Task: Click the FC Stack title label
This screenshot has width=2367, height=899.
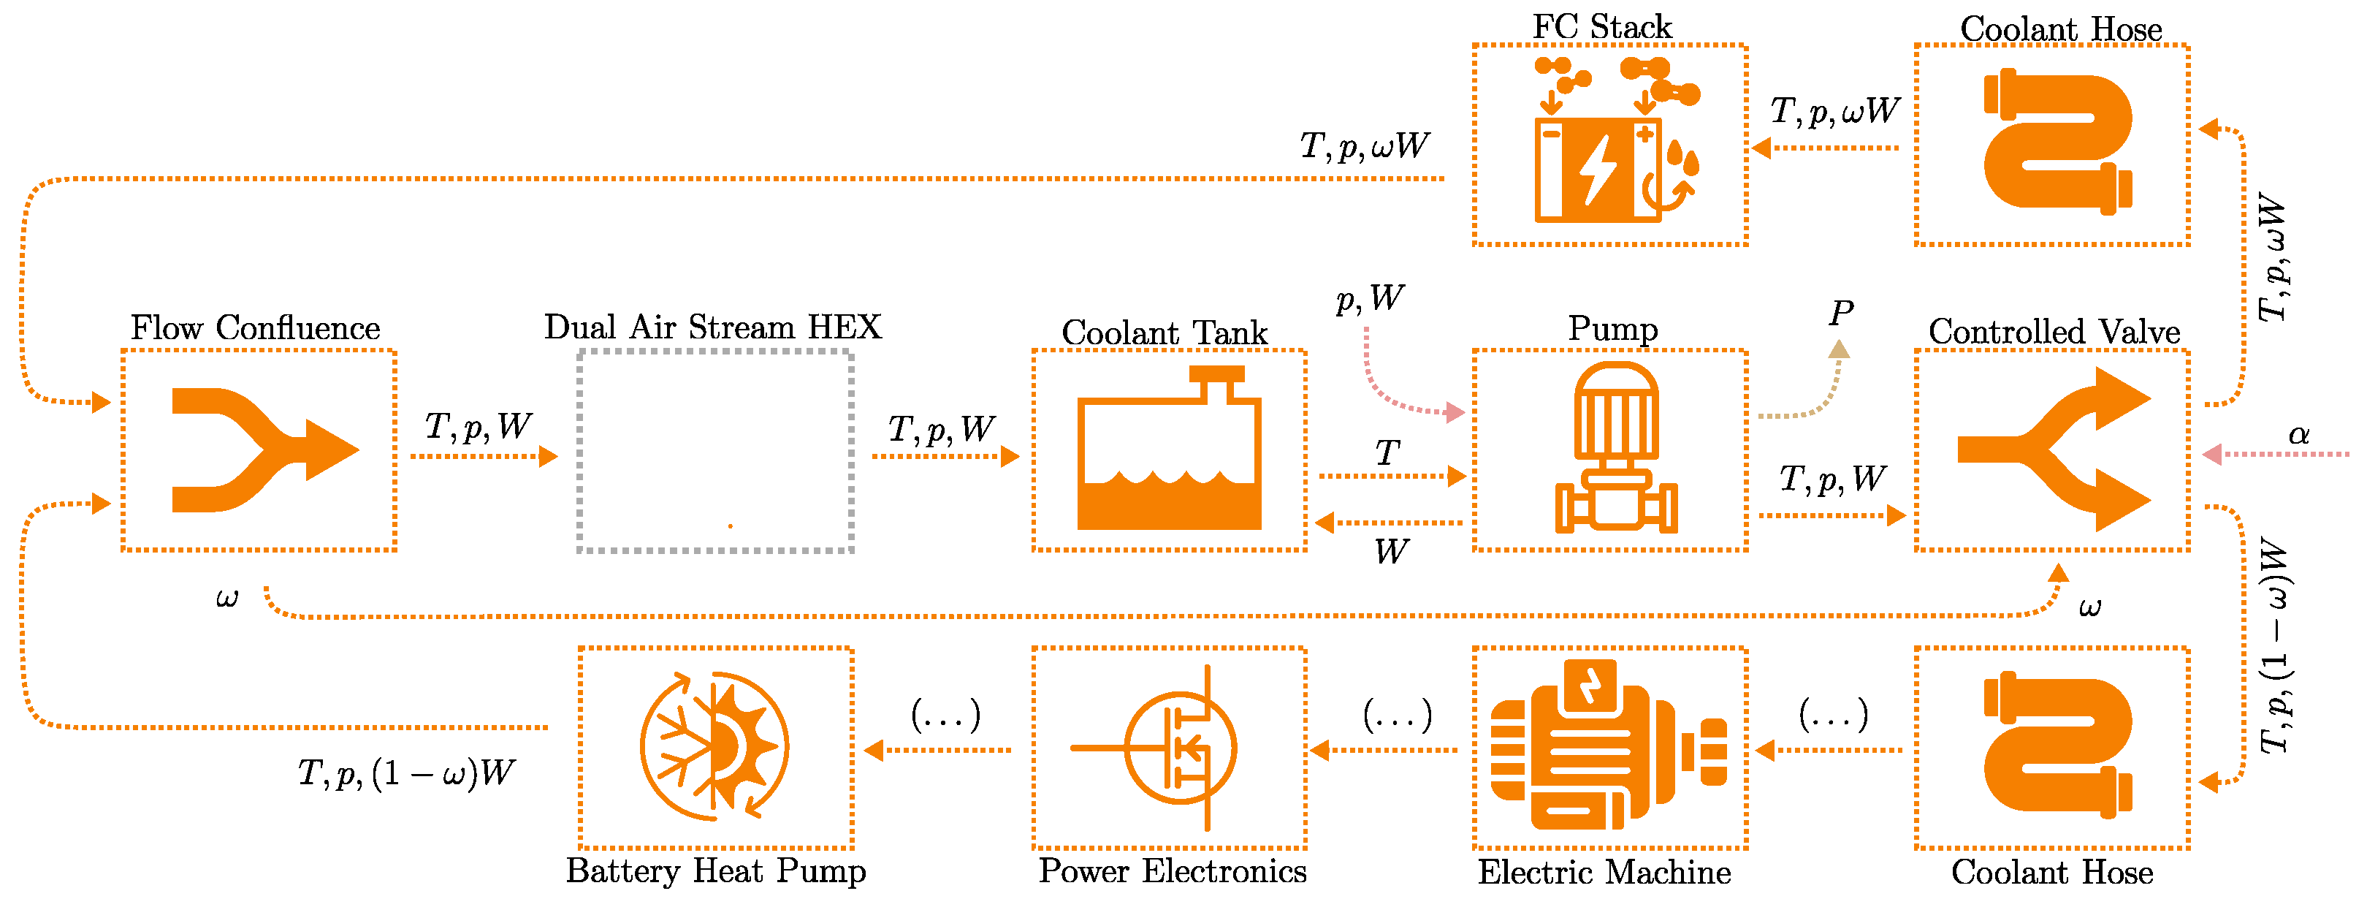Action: click(x=1601, y=26)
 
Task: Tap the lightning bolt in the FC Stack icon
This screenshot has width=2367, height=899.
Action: click(x=1597, y=170)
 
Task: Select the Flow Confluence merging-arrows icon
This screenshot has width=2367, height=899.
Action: click(x=265, y=449)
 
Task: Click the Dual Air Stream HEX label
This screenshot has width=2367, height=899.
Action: click(x=712, y=326)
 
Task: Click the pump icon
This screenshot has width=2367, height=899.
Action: click(x=1615, y=447)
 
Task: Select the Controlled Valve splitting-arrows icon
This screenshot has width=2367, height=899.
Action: click(x=2054, y=449)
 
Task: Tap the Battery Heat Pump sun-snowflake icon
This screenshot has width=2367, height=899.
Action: click(x=714, y=746)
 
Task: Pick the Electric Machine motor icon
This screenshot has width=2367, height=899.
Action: click(x=1608, y=746)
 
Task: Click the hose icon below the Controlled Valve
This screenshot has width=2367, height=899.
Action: click(x=2057, y=746)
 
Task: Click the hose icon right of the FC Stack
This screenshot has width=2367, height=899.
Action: click(x=2057, y=142)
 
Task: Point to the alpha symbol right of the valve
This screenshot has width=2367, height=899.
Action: click(x=2299, y=434)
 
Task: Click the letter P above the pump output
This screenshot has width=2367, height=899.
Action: click(x=1840, y=314)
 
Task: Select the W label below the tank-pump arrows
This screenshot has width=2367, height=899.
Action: click(x=1391, y=552)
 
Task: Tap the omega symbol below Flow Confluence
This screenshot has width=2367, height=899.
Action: click(x=227, y=599)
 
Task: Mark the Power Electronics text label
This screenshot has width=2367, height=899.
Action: click(x=1173, y=870)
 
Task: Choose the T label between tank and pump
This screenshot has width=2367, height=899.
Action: click(x=1387, y=452)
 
